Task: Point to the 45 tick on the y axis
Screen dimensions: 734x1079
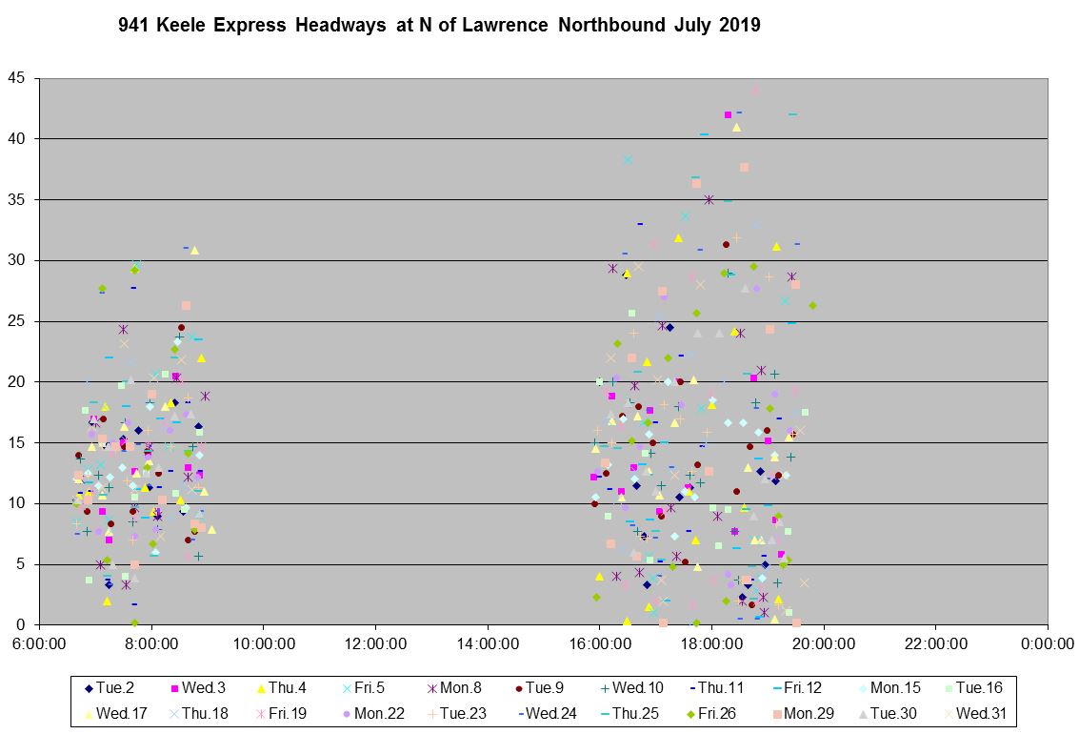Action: [x=18, y=78]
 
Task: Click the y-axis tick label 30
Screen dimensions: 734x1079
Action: [x=18, y=260]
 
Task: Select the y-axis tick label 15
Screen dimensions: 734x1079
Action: [x=18, y=442]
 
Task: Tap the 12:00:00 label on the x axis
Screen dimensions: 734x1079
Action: [x=375, y=644]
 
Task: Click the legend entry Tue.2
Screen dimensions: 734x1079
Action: [x=113, y=687]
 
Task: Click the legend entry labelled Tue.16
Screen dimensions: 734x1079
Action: [x=974, y=687]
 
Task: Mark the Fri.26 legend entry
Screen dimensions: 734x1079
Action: [x=713, y=712]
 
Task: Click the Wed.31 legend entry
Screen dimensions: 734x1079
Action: [x=974, y=712]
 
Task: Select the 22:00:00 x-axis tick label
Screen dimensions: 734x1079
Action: [x=934, y=644]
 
